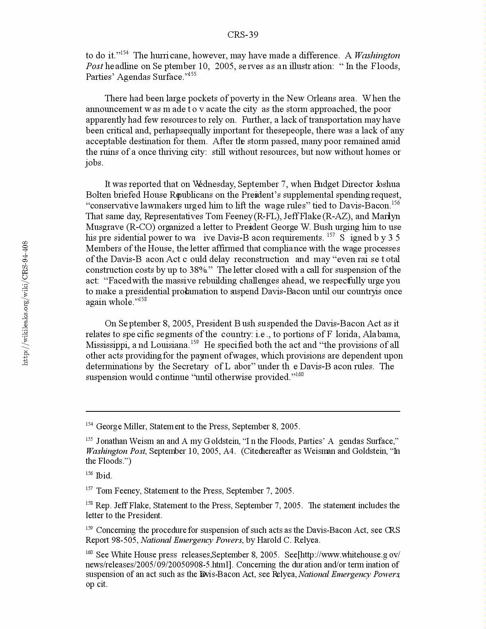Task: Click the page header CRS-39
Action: tap(243, 35)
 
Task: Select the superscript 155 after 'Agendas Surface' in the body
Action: tap(192, 74)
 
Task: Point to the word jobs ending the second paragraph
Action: tap(94, 163)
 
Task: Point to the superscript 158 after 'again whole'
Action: tap(142, 299)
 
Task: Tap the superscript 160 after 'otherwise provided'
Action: tap(299, 374)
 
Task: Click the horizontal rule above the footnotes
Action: tap(243, 411)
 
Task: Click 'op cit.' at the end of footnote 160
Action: tap(96, 585)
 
